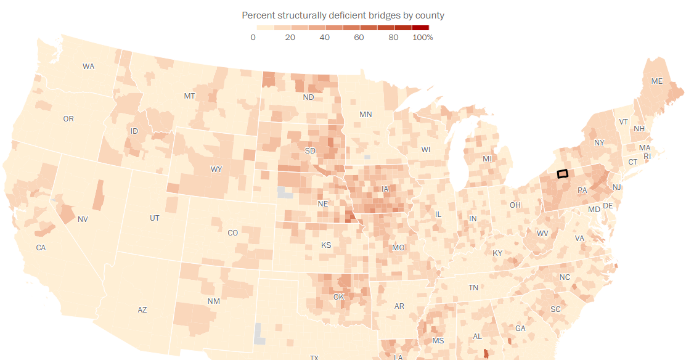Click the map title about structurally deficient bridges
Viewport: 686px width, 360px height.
pyautogui.click(x=343, y=15)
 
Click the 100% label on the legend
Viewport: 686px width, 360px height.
pyautogui.click(x=423, y=38)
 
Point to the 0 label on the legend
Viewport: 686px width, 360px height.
pyautogui.click(x=253, y=38)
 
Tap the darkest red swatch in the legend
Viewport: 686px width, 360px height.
pyautogui.click(x=420, y=28)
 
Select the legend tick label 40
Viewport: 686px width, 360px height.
pyautogui.click(x=325, y=38)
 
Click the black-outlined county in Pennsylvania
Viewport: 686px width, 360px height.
pyautogui.click(x=562, y=174)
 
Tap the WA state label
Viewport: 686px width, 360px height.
pyautogui.click(x=88, y=67)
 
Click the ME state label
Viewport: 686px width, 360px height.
pyautogui.click(x=657, y=81)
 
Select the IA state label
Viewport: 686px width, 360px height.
pyautogui.click(x=386, y=189)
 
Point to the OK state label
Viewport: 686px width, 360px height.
pyautogui.click(x=338, y=297)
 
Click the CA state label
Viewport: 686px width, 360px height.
pyautogui.click(x=41, y=248)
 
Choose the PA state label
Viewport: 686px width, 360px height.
pyautogui.click(x=582, y=190)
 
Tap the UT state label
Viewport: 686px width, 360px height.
pyautogui.click(x=155, y=218)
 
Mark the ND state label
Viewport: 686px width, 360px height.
pyautogui.click(x=309, y=97)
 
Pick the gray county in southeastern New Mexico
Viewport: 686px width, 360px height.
pyautogui.click(x=260, y=333)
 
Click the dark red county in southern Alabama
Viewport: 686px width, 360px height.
pyautogui.click(x=486, y=353)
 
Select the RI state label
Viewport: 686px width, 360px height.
pyautogui.click(x=647, y=157)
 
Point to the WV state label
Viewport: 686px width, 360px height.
pyautogui.click(x=542, y=234)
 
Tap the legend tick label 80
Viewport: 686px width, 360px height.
pyautogui.click(x=393, y=38)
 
